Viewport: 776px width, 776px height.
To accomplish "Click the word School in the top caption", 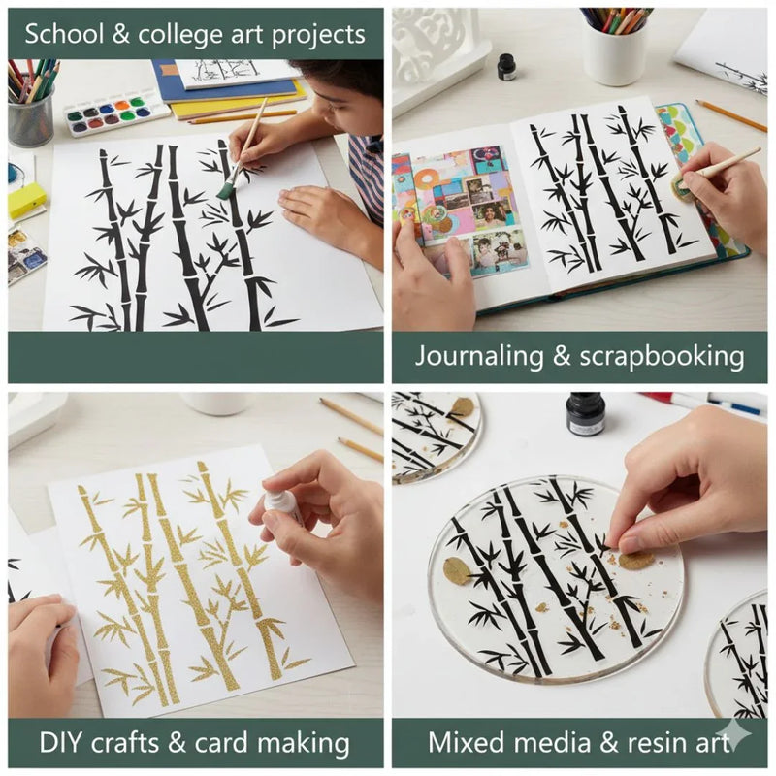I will [63, 35].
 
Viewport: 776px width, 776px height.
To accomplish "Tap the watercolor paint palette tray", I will [115, 113].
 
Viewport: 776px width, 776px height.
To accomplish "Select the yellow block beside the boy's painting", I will [26, 201].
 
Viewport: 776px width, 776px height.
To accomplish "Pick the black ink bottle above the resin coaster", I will [586, 414].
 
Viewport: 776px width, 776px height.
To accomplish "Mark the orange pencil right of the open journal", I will [730, 115].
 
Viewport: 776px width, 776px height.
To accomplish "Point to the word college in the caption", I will [191, 35].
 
